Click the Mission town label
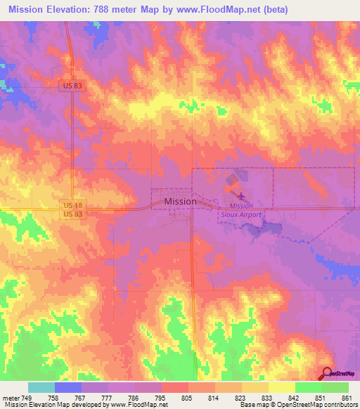click(x=180, y=201)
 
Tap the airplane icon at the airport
click(x=241, y=196)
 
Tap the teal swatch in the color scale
click(x=41, y=387)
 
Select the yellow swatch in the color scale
click(x=281, y=387)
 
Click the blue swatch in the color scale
click(x=67, y=387)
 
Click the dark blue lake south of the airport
click(x=271, y=226)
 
